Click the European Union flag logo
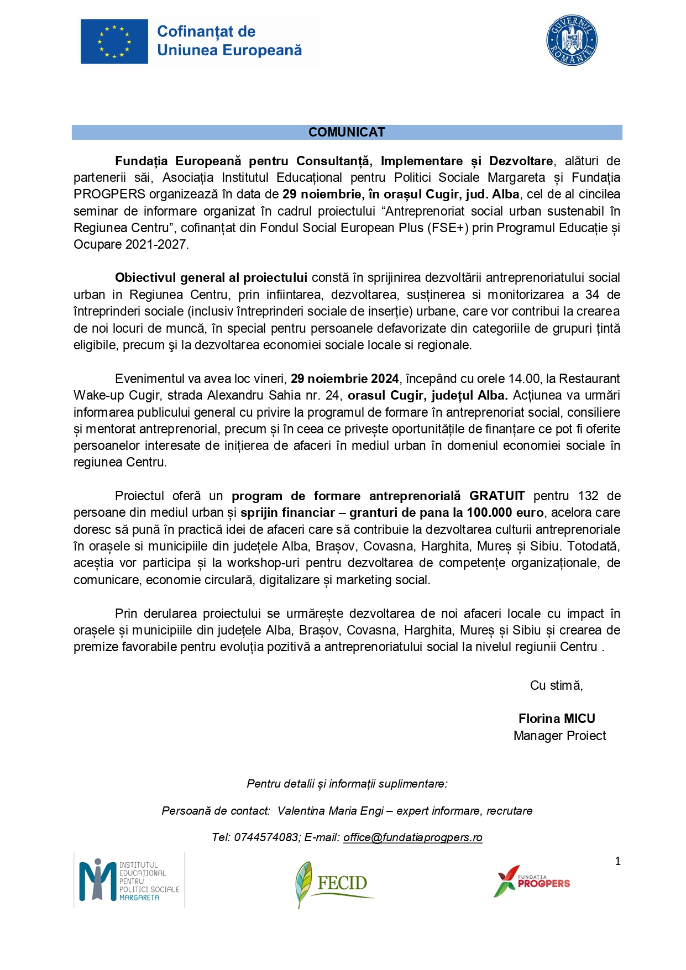(x=114, y=41)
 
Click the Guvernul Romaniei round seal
(x=572, y=40)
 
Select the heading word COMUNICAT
(x=347, y=133)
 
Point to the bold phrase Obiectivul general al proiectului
(x=211, y=278)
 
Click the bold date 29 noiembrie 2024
(x=344, y=379)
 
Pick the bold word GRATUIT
(x=497, y=496)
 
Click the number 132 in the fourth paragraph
(x=588, y=496)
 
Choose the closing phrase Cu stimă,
(x=556, y=686)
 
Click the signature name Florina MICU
(x=557, y=719)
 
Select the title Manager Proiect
(x=559, y=736)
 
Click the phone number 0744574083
(x=266, y=838)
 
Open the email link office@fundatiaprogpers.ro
(x=412, y=838)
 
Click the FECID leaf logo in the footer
(x=332, y=883)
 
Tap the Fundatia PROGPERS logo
(x=532, y=882)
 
